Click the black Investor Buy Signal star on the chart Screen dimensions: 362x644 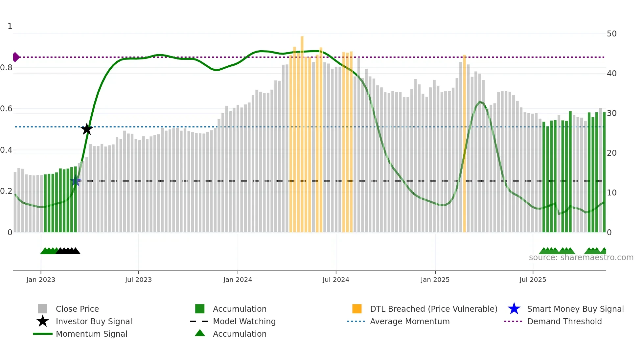click(x=87, y=129)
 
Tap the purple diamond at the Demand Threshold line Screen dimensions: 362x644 click(x=16, y=57)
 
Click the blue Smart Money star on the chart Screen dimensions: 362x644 click(x=76, y=181)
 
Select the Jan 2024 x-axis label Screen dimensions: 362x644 click(x=238, y=280)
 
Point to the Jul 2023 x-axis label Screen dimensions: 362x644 click(x=138, y=280)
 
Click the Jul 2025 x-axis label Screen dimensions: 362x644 click(x=533, y=280)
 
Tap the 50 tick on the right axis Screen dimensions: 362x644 click(x=611, y=34)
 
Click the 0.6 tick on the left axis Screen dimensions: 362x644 click(x=7, y=109)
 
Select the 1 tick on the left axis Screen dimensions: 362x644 click(x=10, y=26)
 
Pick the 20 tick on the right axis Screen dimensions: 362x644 click(x=611, y=153)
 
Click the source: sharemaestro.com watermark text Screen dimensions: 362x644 click(x=581, y=258)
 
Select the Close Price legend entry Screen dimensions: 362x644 click(x=77, y=309)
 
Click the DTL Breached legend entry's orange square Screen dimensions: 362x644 click(x=357, y=309)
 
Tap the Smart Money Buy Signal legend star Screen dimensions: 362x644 click(x=514, y=309)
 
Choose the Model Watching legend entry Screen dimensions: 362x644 click(x=244, y=321)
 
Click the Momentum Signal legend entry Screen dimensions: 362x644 click(x=91, y=334)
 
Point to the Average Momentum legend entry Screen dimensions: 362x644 click(x=410, y=321)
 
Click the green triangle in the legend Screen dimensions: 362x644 click(x=200, y=333)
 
